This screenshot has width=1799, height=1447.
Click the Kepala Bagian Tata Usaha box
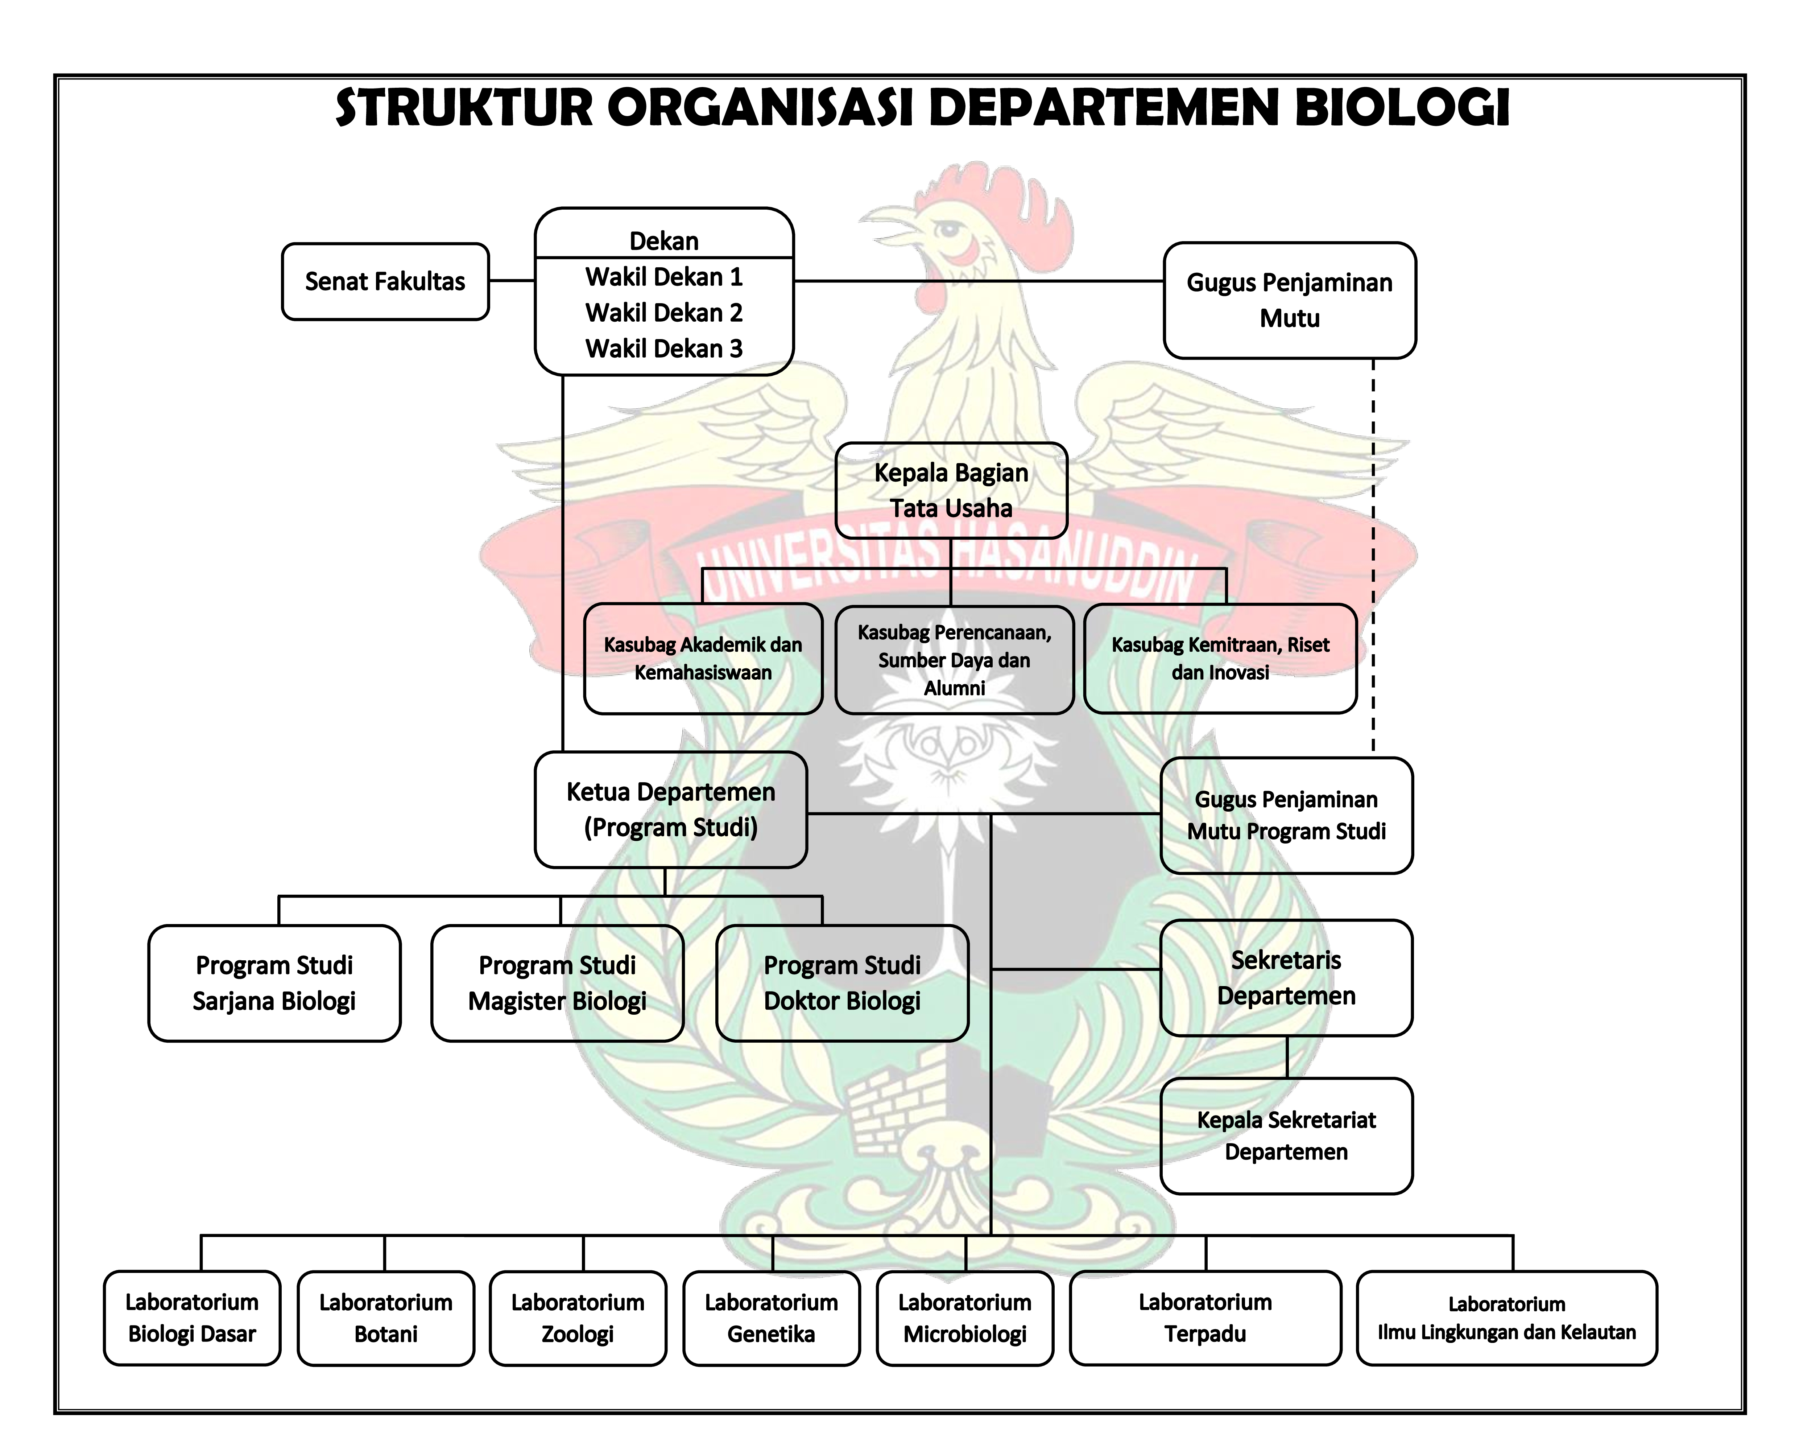click(x=951, y=491)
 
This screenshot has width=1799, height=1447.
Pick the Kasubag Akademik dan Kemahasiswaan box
click(x=703, y=659)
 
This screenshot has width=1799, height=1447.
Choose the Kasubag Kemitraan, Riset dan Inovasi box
click(x=1220, y=659)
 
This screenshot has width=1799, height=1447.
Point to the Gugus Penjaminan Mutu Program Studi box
click(x=1286, y=815)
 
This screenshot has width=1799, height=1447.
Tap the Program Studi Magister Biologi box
click(x=557, y=983)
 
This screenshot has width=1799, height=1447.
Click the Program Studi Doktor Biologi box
click(x=842, y=983)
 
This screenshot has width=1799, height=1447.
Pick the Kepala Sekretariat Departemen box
click(x=1286, y=1136)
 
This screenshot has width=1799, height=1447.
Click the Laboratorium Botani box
click(x=385, y=1319)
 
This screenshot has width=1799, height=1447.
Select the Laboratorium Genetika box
click(x=771, y=1319)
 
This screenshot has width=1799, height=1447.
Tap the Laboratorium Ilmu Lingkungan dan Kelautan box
click(x=1506, y=1319)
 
